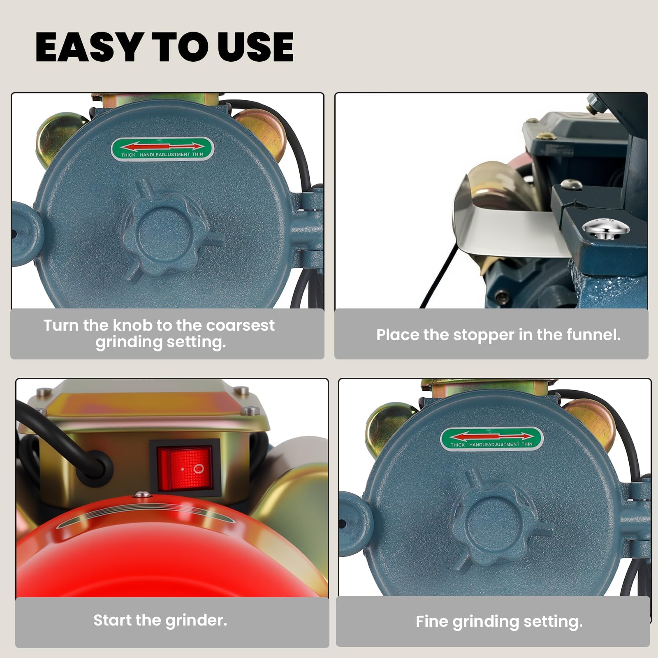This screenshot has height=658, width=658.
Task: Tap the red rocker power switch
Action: [185, 469]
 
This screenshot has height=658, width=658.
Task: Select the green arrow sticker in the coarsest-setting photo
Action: [163, 149]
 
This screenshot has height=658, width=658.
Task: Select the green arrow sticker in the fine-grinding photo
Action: [492, 439]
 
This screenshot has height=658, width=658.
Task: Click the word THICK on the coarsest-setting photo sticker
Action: [128, 155]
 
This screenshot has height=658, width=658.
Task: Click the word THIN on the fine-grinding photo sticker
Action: [527, 444]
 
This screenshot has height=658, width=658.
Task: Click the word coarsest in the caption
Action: [240, 325]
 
